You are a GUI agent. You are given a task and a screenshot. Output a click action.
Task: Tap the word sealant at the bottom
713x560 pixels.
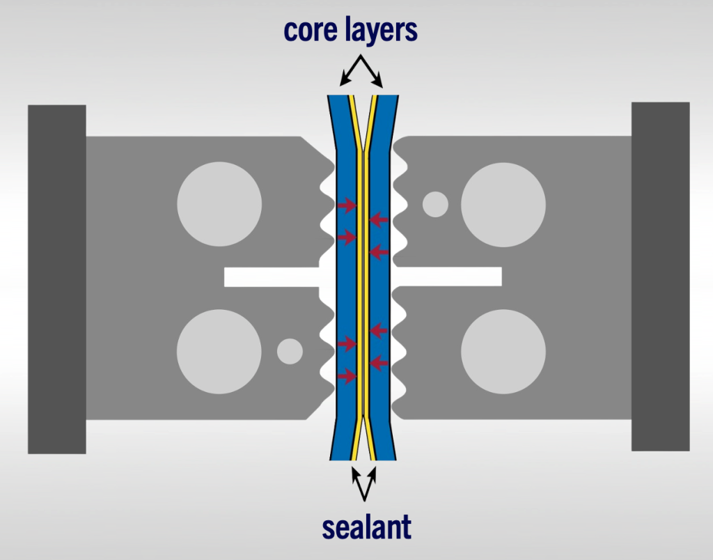[x=366, y=527]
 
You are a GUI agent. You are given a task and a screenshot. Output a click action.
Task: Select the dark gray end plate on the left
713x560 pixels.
[x=56, y=279]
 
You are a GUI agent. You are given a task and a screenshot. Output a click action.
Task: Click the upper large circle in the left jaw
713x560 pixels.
[x=219, y=204]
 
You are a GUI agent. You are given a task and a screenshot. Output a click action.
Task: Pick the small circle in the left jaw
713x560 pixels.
[x=290, y=351]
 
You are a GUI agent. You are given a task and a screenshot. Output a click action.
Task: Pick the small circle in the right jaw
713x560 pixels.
[x=436, y=204]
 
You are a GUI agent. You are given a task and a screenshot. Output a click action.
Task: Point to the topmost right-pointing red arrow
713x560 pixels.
[x=347, y=205]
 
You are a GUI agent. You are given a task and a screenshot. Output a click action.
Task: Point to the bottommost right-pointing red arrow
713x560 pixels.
[x=347, y=376]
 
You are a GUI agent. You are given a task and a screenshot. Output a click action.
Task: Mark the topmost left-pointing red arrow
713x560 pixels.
[x=378, y=220]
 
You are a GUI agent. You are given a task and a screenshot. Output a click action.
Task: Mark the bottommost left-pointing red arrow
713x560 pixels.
[x=378, y=362]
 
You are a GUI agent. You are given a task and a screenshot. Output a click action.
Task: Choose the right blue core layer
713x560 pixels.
[x=380, y=293]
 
